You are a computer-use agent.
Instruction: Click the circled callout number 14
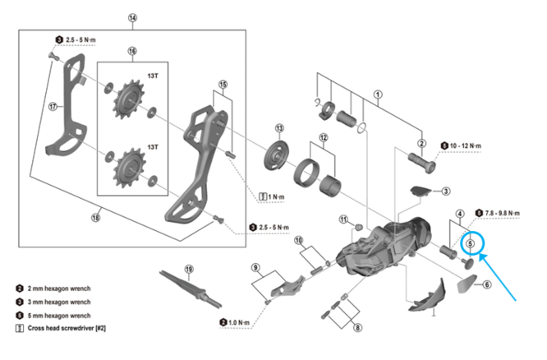tap(133, 18)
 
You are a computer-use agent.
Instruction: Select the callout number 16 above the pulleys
tap(131, 51)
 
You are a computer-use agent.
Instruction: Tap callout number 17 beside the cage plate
tap(53, 105)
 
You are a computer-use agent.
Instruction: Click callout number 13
tap(279, 128)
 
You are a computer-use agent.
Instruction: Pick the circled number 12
tap(323, 137)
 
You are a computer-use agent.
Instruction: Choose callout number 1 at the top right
tap(377, 94)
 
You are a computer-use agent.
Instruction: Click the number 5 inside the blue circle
tap(471, 242)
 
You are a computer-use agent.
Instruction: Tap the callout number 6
tap(487, 285)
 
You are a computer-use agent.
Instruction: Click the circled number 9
tap(255, 268)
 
